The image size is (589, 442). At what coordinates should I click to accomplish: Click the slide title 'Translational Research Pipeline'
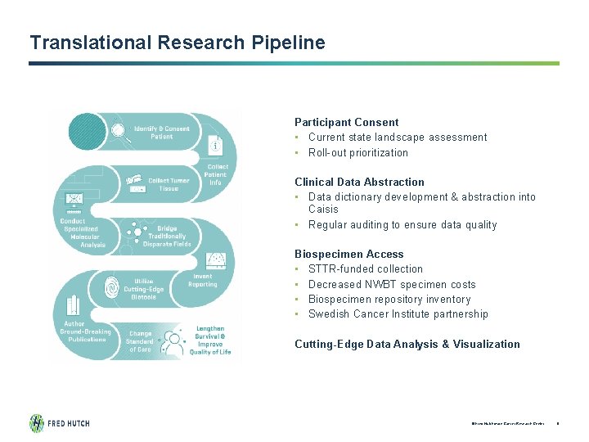177,43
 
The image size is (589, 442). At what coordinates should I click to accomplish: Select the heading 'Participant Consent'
347,122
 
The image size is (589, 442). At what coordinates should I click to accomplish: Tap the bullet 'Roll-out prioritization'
357,152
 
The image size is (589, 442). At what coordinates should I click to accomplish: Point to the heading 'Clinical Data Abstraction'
359,182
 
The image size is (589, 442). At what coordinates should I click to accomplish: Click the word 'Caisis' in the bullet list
324,209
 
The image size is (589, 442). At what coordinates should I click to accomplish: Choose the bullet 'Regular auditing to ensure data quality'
402,224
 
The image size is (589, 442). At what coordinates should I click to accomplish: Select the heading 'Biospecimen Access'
349,254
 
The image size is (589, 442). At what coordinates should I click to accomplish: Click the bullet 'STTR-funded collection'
366,268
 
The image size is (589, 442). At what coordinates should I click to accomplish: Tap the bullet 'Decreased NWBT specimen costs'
391,284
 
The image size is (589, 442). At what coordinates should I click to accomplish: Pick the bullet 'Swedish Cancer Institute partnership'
398,313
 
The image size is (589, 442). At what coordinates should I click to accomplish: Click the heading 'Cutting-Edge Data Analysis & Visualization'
407,344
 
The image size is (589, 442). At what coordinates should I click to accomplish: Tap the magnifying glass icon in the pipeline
119,130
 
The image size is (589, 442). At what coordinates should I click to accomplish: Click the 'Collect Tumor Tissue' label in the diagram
169,184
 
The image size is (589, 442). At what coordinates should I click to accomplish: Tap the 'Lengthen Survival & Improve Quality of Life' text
210,340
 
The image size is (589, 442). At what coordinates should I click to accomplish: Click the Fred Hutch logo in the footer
59,423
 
